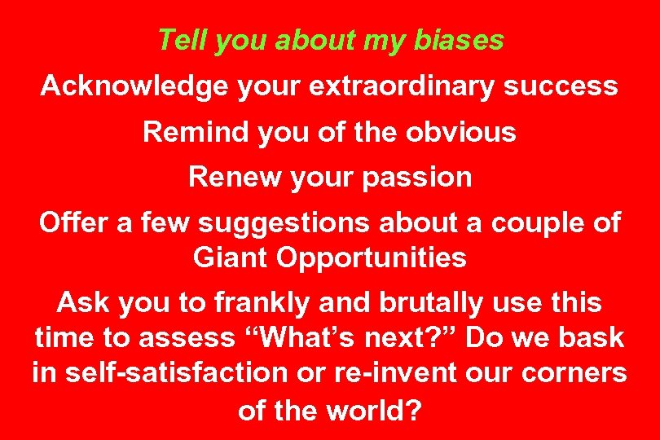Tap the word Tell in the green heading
click(177, 40)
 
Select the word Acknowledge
click(135, 86)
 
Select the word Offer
click(71, 222)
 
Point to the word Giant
click(231, 257)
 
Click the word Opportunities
click(372, 257)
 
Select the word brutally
click(435, 303)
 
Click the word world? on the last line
click(372, 409)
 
